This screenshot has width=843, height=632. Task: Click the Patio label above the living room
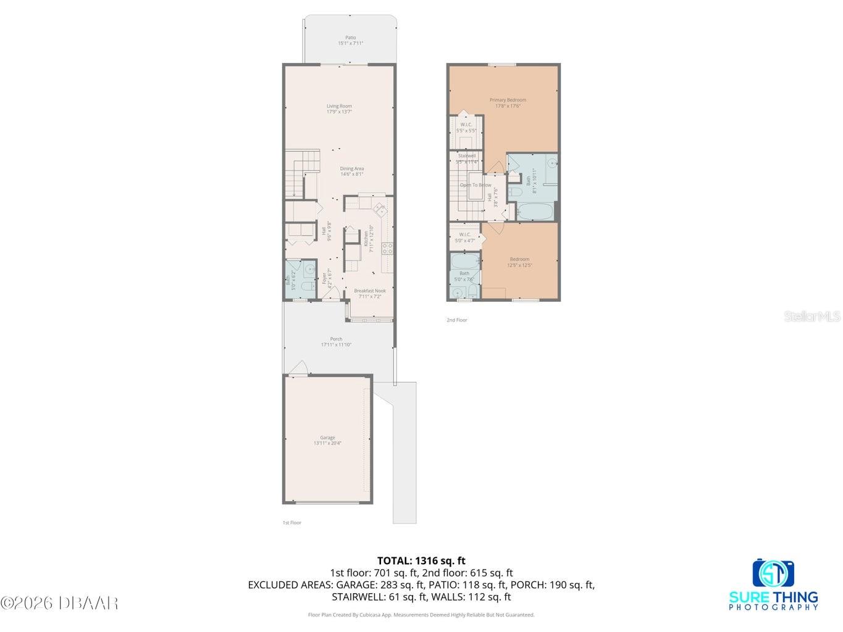pos(350,41)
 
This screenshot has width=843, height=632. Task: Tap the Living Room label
pos(339,109)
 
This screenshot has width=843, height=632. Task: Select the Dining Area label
pos(351,171)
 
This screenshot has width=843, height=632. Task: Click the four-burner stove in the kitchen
pos(387,248)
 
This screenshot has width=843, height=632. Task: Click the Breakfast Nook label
pos(369,293)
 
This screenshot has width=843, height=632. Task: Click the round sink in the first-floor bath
pos(307,268)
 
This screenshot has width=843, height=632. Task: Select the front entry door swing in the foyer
pos(332,293)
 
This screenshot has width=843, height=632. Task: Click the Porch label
pos(336,341)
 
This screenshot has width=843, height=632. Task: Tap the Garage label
pos(327,440)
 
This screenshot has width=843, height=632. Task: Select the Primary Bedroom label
pos(508,102)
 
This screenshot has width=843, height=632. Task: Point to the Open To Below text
pos(476,185)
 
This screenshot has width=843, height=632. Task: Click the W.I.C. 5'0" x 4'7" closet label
pos(465,237)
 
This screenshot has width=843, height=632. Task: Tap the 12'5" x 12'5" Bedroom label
pos(519,262)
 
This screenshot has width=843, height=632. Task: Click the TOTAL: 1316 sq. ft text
pos(421,561)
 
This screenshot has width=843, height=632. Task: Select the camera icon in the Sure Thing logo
pos(773,573)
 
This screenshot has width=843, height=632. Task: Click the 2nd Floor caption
pos(457,320)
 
